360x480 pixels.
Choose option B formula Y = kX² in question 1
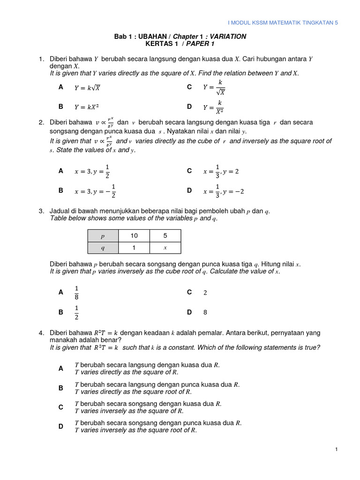(87, 107)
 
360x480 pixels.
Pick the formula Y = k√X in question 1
(88, 88)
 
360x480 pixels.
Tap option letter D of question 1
(189, 107)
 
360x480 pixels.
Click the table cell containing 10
(134, 236)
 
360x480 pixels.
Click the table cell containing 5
(165, 236)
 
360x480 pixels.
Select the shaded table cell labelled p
(103, 236)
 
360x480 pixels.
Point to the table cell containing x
(165, 247)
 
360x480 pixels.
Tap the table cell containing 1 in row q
(134, 247)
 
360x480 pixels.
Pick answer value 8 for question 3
(205, 312)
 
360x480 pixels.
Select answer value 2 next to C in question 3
(205, 292)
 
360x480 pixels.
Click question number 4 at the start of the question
(41, 333)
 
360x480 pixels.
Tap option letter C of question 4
(60, 407)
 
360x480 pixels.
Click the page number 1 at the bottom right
(337, 450)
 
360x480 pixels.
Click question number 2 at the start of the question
(41, 122)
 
